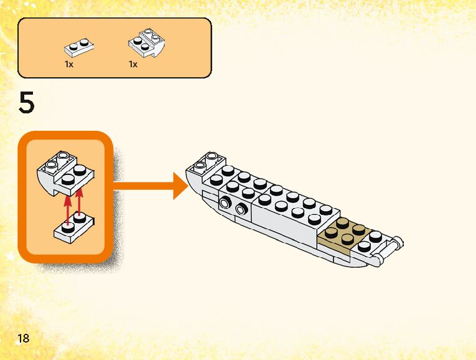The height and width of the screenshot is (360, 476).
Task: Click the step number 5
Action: coord(27,102)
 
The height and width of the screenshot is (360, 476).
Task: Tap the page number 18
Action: coord(24,338)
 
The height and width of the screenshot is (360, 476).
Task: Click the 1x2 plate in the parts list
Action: coord(78,48)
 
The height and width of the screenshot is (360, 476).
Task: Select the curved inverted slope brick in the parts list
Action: coord(147,43)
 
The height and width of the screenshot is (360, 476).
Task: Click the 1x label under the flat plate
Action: coord(69,64)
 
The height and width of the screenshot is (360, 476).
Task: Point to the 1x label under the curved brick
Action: coord(133,64)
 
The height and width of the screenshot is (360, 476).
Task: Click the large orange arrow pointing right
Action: coord(151,186)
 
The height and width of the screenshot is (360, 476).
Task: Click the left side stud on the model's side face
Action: coord(225,202)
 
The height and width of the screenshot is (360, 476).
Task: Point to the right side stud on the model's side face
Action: coord(240,209)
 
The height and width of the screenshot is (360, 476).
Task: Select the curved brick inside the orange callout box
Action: coord(65,173)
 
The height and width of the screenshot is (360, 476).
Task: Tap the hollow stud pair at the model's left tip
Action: coord(207,161)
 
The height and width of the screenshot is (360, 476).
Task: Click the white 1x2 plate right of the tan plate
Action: coord(368,242)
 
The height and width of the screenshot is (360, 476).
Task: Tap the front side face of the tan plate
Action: coord(334,245)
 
